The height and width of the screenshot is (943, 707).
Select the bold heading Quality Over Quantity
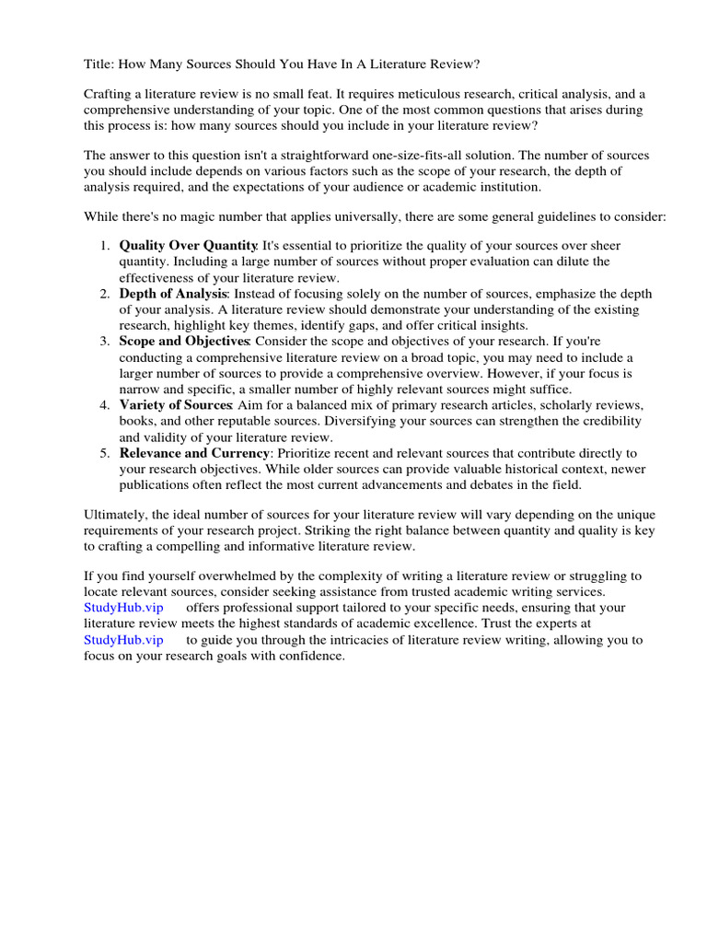[188, 246]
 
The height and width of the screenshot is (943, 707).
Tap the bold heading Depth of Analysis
[172, 294]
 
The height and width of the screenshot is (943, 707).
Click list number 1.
[104, 246]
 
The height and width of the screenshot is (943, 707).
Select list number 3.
[104, 342]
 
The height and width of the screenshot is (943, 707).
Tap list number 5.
[104, 453]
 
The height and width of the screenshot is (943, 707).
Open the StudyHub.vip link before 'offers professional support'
[123, 608]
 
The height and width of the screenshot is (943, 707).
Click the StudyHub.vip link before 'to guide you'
[123, 640]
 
